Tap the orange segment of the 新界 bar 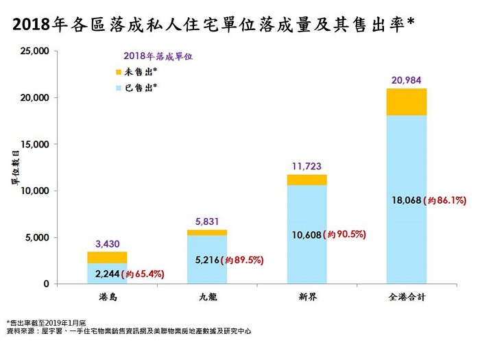[x=307, y=180]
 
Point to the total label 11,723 [x=307, y=166]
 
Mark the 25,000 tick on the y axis [x=32, y=51]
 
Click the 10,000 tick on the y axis [x=32, y=191]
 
